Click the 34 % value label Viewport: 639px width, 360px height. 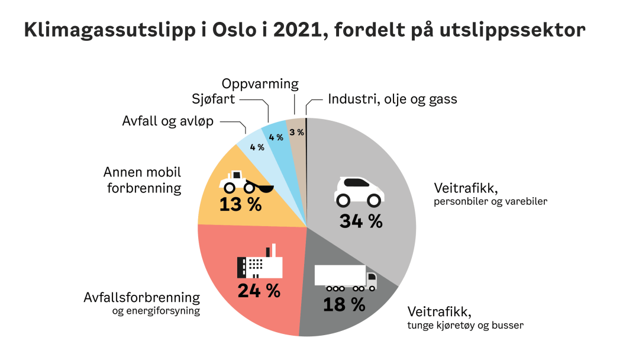(361, 221)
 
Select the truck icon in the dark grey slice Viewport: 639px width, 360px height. (346, 278)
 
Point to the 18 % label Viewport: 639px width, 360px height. (344, 304)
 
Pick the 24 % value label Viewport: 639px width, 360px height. (259, 291)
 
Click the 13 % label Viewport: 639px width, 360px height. (240, 205)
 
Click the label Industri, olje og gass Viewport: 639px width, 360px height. (392, 99)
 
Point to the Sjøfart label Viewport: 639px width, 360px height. (214, 99)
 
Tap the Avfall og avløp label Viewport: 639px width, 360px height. (168, 121)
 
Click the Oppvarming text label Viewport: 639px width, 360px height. (260, 84)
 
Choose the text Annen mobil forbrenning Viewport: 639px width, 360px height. (142, 181)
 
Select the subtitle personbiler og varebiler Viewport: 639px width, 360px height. (490, 201)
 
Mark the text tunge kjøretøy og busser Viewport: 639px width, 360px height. (465, 325)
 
